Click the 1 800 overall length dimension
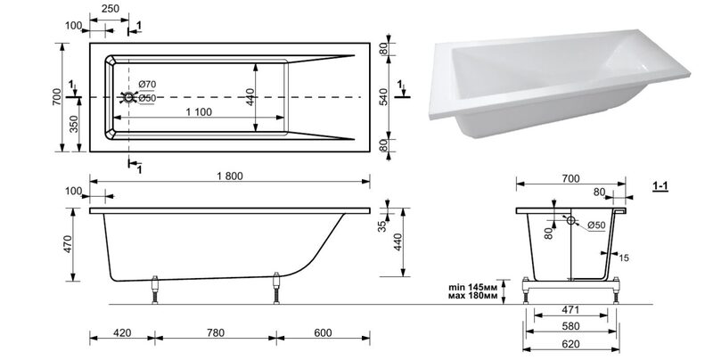[230, 176]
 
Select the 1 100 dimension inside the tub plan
[199, 111]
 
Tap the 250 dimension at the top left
[111, 8]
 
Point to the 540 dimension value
[383, 97]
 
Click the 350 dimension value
[74, 124]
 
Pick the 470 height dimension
[68, 244]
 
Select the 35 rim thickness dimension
[382, 225]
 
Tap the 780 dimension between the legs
[216, 332]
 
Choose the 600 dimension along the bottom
[323, 332]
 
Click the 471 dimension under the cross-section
[570, 310]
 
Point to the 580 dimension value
[570, 326]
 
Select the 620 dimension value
[570, 344]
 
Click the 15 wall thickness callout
[624, 258]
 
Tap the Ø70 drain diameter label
[147, 84]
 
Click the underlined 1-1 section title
[660, 186]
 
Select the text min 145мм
[473, 287]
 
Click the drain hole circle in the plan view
[128, 97]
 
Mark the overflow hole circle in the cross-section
[570, 220]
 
